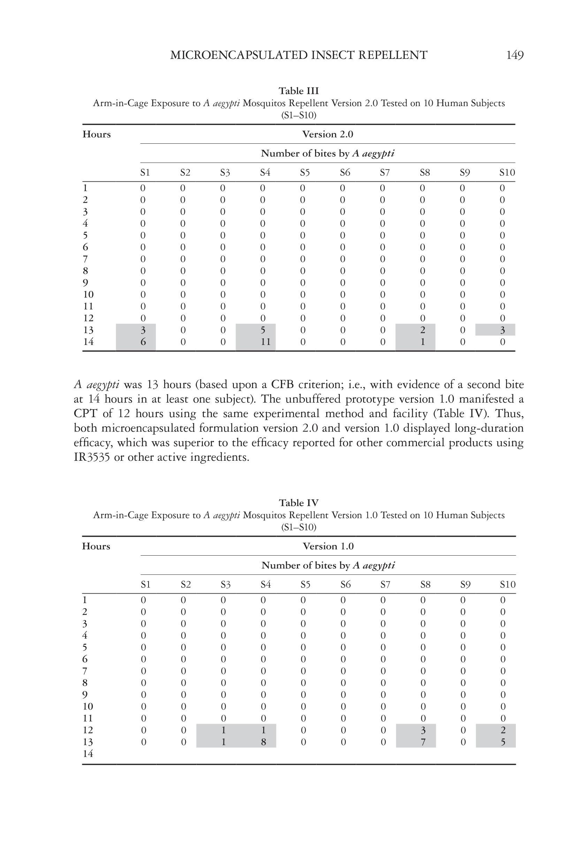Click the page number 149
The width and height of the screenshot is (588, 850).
point(515,55)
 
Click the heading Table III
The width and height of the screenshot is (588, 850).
point(298,91)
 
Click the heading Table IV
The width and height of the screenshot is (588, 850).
point(298,503)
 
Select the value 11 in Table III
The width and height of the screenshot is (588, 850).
point(265,342)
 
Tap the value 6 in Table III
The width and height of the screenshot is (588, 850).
point(143,342)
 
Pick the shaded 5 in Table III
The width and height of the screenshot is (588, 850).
point(263,330)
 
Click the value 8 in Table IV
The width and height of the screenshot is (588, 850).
point(264,742)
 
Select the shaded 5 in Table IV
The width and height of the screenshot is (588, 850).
point(503,742)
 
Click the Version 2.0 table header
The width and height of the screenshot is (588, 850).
point(328,134)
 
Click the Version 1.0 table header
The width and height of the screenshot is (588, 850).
point(328,546)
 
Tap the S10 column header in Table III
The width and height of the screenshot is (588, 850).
point(507,173)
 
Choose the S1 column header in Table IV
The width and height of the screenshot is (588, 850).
point(146,585)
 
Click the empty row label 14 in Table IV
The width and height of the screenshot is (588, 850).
point(88,754)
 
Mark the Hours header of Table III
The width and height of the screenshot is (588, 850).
point(97,134)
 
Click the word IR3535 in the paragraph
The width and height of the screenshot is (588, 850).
point(92,457)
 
